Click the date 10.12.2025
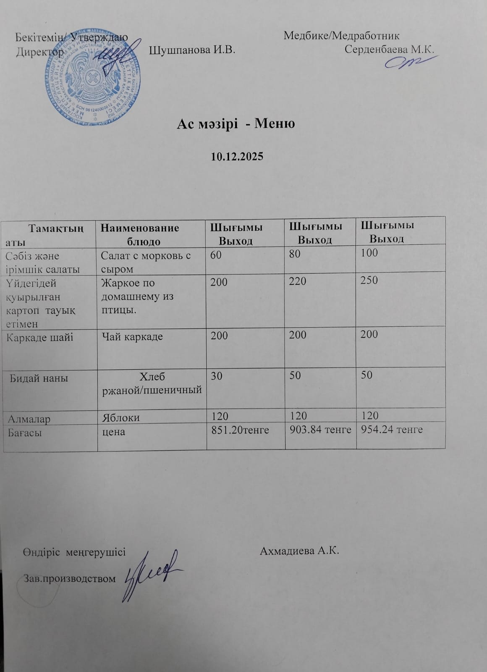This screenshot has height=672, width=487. click(237, 157)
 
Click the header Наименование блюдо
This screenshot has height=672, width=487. click(140, 234)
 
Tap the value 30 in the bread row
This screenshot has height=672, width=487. click(216, 376)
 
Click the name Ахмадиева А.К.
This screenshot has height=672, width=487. click(299, 551)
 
